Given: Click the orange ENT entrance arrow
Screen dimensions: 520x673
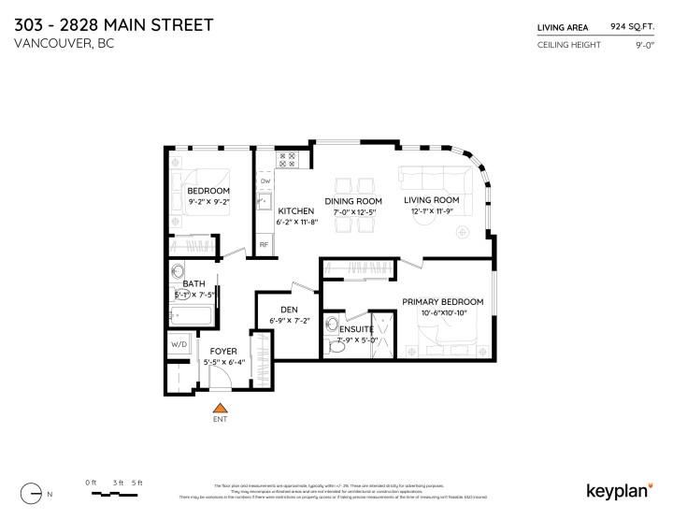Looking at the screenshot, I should click(221, 407).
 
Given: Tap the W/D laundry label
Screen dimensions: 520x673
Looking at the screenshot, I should click(178, 344).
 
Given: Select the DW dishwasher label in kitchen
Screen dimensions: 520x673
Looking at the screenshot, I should click(265, 181).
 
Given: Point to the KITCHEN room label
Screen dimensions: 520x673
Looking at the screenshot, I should click(294, 211).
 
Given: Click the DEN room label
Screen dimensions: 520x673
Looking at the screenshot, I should click(289, 311).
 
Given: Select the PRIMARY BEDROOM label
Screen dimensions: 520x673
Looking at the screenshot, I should click(442, 301).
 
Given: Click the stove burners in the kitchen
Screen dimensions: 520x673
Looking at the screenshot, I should click(288, 160).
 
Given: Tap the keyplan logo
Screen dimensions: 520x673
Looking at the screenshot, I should click(618, 489).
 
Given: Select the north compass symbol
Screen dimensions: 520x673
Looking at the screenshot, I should click(36, 492).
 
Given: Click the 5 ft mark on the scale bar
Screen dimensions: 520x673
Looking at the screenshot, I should click(137, 482).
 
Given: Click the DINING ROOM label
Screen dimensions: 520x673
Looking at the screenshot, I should click(353, 201).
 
